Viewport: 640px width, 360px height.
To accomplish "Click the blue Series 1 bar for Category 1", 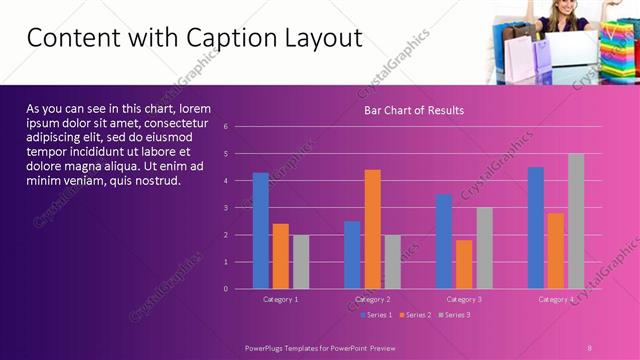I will tap(260, 231).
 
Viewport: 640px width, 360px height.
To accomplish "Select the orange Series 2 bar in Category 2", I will tap(372, 229).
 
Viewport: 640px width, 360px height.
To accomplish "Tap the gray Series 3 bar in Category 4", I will tap(576, 221).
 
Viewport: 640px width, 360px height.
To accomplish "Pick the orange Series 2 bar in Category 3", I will tap(464, 264).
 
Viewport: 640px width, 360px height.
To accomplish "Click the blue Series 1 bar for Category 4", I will tap(536, 228).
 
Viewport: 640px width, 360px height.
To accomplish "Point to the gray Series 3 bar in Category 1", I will tap(300, 262).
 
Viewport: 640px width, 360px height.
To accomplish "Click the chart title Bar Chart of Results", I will tap(413, 110).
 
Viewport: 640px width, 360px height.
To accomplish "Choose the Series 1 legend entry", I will tap(376, 315).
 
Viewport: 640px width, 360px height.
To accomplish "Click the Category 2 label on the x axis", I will tap(372, 299).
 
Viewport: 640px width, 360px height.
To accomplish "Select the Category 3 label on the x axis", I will tap(464, 299).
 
